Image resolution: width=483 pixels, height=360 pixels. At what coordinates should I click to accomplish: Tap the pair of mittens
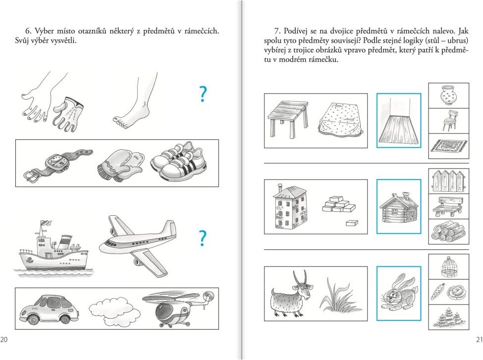pos(121,166)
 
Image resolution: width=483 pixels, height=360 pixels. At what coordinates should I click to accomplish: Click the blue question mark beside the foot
pos(203,94)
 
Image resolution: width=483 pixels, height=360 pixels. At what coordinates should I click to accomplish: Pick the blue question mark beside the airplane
pos(203,238)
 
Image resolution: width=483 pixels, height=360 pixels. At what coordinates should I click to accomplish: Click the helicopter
pos(179,308)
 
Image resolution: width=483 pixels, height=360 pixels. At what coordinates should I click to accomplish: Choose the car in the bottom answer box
pos(49,309)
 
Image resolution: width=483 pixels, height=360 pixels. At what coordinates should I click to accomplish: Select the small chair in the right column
pos(448,120)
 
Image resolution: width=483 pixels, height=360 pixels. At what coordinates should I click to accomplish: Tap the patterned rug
pos(449,146)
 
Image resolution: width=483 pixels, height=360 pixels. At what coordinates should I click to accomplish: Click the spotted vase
pos(448,96)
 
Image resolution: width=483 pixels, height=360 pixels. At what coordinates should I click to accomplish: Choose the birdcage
pos(448,267)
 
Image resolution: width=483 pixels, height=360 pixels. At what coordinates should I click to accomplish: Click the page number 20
pos(3,340)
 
